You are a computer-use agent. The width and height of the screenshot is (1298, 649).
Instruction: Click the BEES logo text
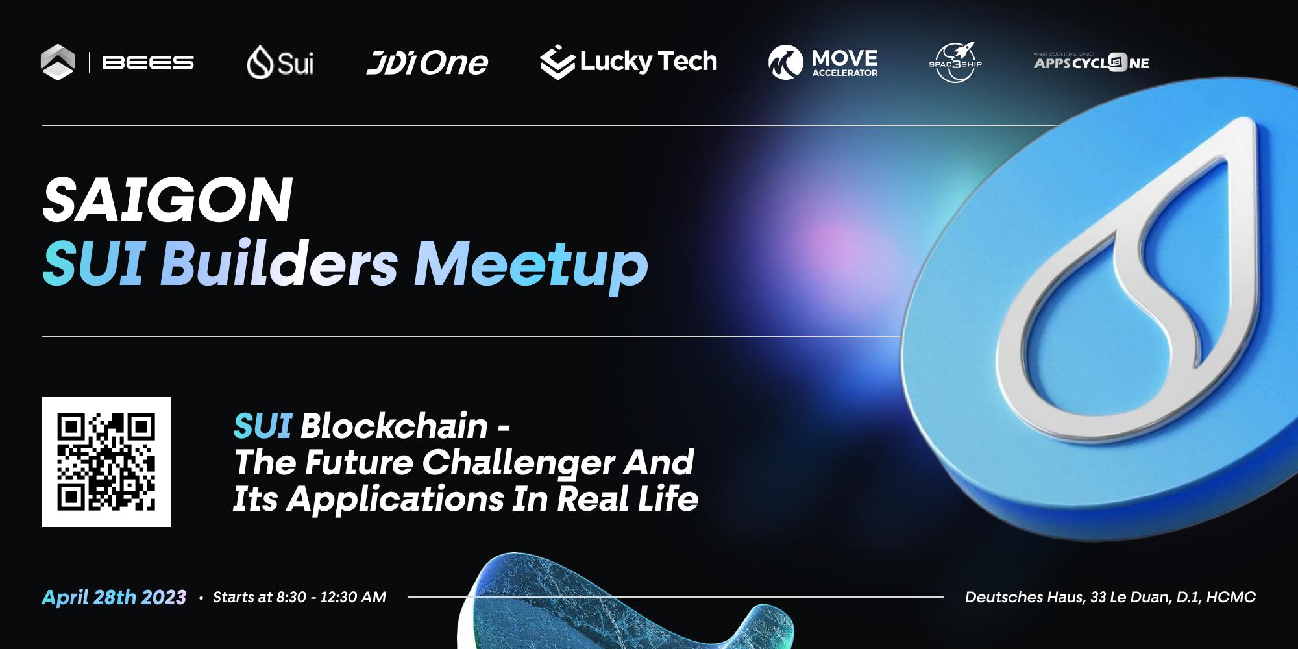click(x=148, y=63)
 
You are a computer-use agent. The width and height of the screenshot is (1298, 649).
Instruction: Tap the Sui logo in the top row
click(x=280, y=63)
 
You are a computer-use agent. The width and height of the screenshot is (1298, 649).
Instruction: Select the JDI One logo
click(x=426, y=63)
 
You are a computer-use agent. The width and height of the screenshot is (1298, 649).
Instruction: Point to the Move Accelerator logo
click(x=823, y=63)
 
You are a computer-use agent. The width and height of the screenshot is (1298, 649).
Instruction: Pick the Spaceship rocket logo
click(x=955, y=63)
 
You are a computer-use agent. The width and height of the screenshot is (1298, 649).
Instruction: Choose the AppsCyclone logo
click(x=1091, y=63)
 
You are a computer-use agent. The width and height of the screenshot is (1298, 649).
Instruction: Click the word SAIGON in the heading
click(x=167, y=201)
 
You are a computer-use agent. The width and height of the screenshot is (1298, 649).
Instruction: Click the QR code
click(x=106, y=461)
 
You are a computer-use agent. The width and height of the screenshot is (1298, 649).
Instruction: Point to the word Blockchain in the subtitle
click(x=394, y=426)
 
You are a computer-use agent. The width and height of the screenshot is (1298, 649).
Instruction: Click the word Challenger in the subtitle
click(x=518, y=463)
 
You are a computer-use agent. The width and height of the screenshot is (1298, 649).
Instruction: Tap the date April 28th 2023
click(x=114, y=597)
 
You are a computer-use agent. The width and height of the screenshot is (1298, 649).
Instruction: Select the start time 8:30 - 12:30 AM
click(x=331, y=597)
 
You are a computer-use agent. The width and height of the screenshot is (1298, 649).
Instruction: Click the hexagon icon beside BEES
click(x=58, y=62)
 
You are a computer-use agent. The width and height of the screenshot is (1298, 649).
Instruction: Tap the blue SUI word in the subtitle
click(x=262, y=426)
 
